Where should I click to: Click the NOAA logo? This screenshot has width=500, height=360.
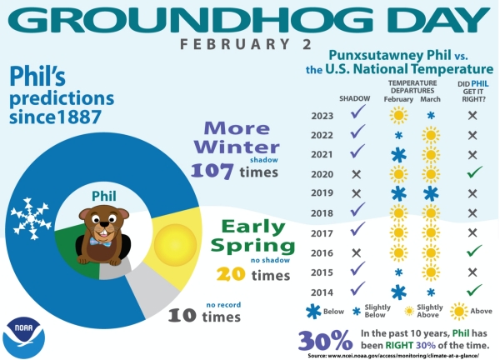[x=23, y=337]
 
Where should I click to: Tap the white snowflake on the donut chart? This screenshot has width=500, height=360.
[x=31, y=218]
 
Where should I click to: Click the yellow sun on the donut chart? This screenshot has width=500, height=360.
[x=175, y=245]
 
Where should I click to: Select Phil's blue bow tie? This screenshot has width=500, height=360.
[x=101, y=242]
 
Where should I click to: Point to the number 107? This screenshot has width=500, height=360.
[x=212, y=171]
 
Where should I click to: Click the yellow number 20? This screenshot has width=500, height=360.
[x=231, y=274]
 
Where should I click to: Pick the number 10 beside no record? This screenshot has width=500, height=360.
[x=182, y=315]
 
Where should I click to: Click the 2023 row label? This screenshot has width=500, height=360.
[x=322, y=116]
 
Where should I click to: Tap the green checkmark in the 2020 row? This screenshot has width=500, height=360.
[x=474, y=172]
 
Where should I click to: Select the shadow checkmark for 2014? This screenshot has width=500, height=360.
[x=357, y=288]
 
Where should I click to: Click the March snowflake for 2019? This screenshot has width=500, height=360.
[x=431, y=193]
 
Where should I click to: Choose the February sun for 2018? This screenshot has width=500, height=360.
[x=398, y=213]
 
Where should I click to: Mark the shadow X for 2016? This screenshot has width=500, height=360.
[x=356, y=252]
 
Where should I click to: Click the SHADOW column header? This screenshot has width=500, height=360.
[x=355, y=98]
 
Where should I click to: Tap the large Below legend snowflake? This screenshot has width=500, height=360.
[x=313, y=312]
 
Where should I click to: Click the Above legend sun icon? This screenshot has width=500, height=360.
[x=459, y=311]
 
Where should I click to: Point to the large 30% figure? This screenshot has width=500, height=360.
[x=325, y=340]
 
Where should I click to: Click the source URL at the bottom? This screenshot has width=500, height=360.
[x=393, y=356]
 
